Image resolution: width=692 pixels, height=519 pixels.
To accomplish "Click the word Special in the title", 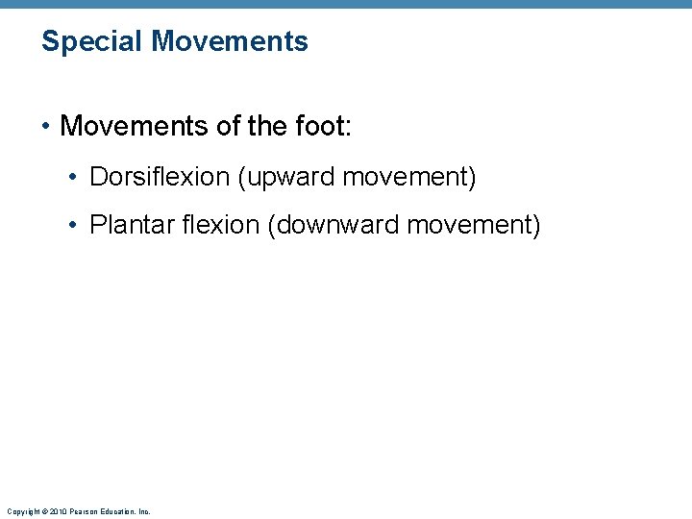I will pos(92,41).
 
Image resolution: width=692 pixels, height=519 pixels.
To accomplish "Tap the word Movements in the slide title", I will pos(230,41).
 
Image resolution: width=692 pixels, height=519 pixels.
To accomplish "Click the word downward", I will pos(335,226).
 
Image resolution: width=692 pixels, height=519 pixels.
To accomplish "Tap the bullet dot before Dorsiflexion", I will pos(73,178).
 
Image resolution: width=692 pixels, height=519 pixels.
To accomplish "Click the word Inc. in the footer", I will pos(144,511).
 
